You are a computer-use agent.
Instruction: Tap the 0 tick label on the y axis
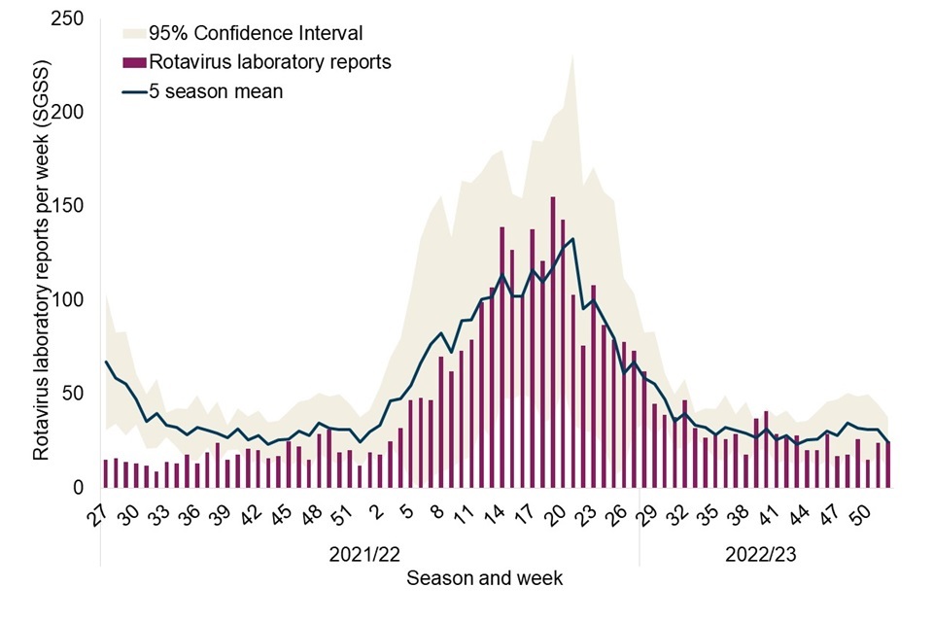click(x=77, y=488)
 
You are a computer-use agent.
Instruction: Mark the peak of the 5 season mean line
click(x=573, y=239)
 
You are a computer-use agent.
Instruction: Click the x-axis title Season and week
click(x=484, y=578)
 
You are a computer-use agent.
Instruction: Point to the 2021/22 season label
click(x=363, y=555)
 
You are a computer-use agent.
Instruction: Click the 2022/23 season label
click(x=761, y=555)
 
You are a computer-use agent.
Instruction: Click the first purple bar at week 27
click(x=105, y=473)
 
